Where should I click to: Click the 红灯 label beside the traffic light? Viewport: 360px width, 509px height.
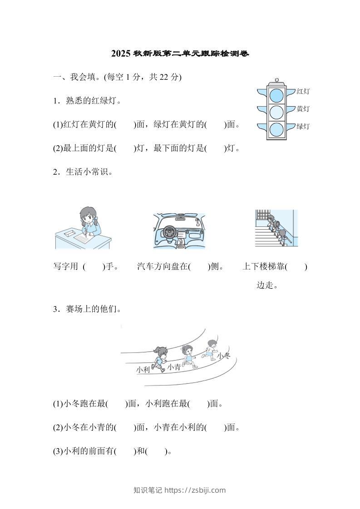[303, 92]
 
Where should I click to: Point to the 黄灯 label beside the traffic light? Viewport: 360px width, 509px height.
[303, 109]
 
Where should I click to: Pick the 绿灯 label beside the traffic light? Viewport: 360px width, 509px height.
[303, 126]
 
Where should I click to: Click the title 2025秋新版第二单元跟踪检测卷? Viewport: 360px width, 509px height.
[180, 54]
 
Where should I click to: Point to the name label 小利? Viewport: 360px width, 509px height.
[143, 370]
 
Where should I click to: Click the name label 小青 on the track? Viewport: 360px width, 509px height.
[173, 367]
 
